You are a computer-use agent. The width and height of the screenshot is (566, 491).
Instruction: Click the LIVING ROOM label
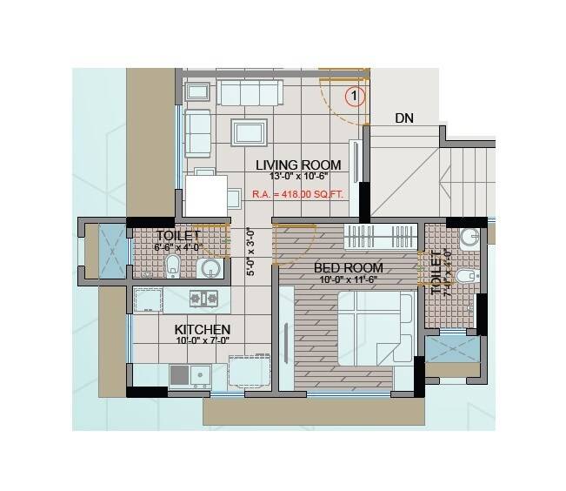(x=298, y=165)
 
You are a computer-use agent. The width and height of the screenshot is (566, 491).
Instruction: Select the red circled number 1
(x=355, y=98)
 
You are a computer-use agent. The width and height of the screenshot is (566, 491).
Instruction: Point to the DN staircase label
(x=403, y=118)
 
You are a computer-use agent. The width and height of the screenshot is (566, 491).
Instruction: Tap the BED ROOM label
(x=348, y=268)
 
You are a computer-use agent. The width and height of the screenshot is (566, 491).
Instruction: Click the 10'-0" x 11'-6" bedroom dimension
(x=348, y=280)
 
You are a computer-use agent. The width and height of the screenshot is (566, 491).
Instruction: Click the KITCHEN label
(x=202, y=330)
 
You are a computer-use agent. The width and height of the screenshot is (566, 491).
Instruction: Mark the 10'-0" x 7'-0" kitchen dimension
(x=202, y=342)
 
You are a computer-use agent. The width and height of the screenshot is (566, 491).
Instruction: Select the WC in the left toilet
(x=172, y=266)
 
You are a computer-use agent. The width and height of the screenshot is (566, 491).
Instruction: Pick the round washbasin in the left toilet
(x=209, y=269)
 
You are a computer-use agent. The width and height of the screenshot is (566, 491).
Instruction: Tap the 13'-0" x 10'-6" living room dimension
(x=298, y=176)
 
